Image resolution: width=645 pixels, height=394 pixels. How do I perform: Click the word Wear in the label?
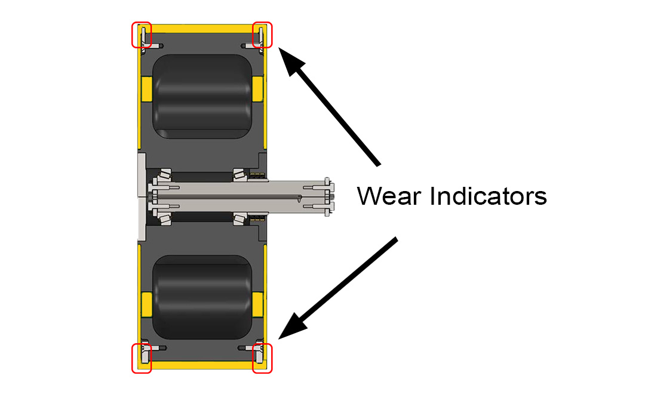tap(389, 196)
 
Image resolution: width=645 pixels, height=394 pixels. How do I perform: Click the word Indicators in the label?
tap(489, 196)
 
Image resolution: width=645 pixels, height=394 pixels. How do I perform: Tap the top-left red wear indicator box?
tap(142, 35)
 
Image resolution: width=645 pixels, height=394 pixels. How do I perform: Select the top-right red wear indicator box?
tap(262, 35)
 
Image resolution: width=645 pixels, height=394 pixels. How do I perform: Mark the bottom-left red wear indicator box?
tap(142, 358)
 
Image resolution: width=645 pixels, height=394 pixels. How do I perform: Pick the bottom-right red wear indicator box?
tap(262, 358)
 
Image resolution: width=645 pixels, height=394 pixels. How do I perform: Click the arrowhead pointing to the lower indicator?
tap(292, 327)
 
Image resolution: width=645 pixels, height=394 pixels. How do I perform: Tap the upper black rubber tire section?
tap(202, 96)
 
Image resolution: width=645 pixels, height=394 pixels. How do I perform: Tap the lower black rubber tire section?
tap(202, 297)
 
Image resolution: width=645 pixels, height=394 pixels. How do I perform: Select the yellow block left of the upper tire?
tap(147, 89)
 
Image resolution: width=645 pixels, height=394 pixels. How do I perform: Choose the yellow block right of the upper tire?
tap(257, 89)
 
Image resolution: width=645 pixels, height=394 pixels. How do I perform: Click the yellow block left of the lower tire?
tap(147, 305)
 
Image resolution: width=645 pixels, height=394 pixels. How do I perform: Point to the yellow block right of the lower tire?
tap(257, 305)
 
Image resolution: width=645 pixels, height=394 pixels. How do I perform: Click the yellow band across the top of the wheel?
tap(202, 29)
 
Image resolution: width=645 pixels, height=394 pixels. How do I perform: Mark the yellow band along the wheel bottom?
tap(202, 365)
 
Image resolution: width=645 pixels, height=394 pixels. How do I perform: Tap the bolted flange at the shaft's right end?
tap(328, 196)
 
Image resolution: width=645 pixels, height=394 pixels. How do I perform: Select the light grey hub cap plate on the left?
tap(142, 196)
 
